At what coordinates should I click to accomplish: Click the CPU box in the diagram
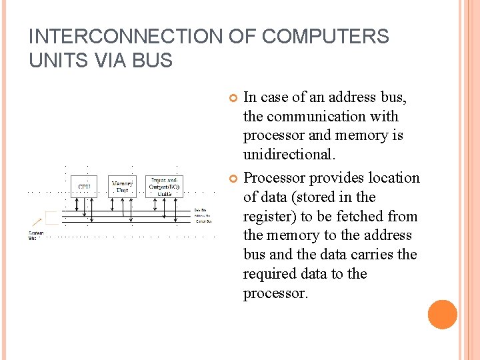[x=84, y=186]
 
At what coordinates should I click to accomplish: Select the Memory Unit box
[x=122, y=186]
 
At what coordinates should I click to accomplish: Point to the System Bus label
[x=35, y=235]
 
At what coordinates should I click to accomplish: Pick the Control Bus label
[x=202, y=221]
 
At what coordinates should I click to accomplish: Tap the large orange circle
[x=442, y=315]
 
